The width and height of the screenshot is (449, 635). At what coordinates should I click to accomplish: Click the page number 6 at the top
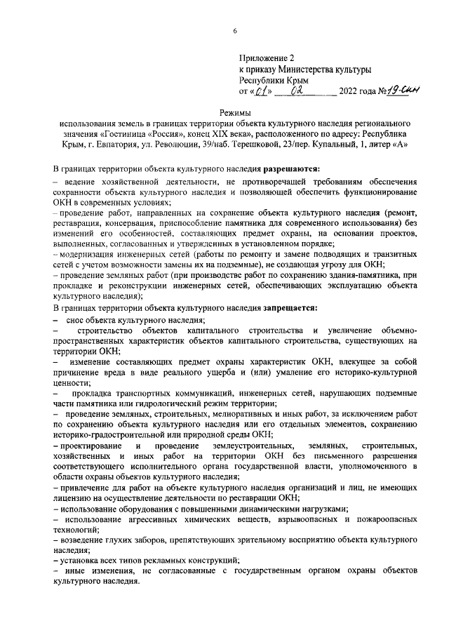pos(235,29)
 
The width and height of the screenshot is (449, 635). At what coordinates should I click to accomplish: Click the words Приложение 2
pos(267,57)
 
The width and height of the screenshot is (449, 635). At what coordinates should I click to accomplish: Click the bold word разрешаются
pos(291,169)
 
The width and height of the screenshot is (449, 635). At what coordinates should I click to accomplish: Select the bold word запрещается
pos(290,307)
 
